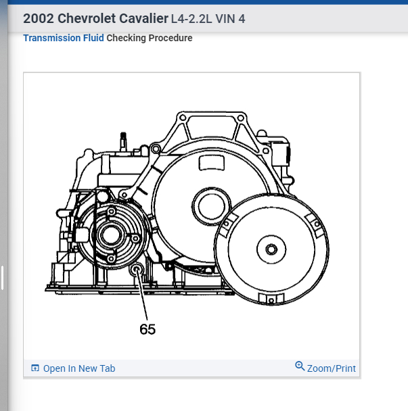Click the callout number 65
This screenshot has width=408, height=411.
point(148,329)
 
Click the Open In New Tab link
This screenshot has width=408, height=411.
point(79,368)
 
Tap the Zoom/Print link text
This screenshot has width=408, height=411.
point(332,368)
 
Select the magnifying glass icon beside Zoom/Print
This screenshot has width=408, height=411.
point(300,366)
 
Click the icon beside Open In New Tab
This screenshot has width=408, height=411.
point(35,368)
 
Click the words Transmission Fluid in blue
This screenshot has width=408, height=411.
point(64,38)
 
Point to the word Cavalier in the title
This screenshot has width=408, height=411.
point(143,19)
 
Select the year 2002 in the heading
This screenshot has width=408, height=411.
point(39,19)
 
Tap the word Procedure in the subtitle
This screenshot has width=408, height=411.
point(171,38)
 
